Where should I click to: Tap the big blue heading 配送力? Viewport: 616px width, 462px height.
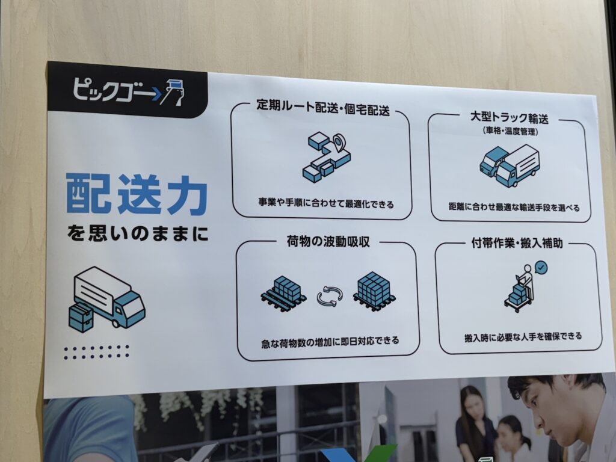137,194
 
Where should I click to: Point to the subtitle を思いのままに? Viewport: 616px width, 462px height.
138,234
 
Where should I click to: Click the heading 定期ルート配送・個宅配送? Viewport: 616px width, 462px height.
323,108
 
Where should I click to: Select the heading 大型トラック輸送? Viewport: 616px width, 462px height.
509,117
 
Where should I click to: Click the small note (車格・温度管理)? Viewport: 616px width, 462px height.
510,131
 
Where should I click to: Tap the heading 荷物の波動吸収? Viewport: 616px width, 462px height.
328,241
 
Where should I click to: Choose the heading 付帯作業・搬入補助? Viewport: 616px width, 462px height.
517,243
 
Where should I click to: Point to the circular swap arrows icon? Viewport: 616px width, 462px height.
330,295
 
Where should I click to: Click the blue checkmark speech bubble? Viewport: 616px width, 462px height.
541,268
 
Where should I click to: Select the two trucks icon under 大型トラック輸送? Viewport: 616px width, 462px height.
510,165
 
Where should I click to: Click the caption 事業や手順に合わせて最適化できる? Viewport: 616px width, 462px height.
325,204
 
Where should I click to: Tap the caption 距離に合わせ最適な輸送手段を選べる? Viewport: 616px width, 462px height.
514,207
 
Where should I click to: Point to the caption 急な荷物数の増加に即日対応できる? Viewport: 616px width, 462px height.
330,342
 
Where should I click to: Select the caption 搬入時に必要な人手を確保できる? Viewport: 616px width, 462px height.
523,337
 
